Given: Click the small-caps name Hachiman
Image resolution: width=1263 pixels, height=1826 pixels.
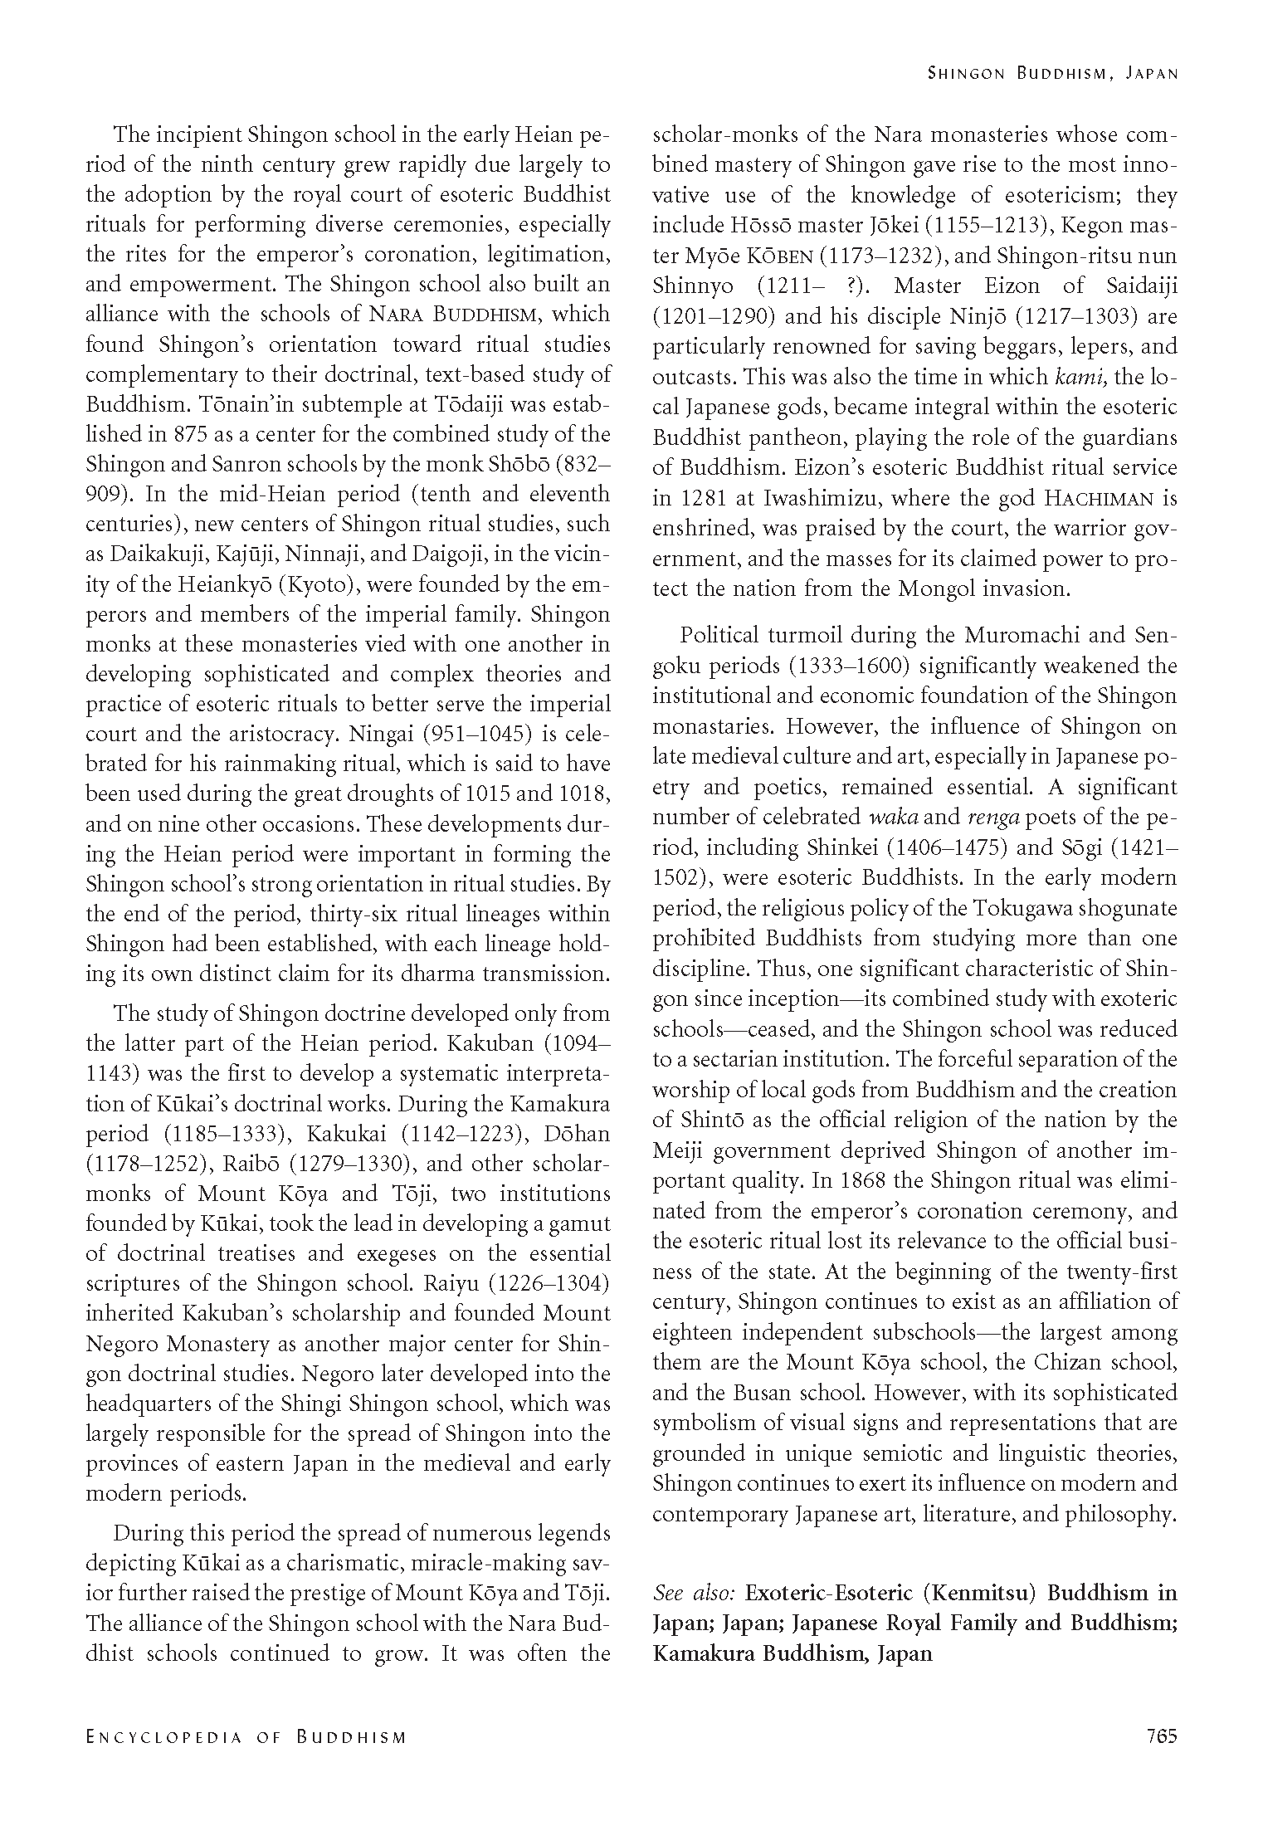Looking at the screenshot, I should (x=1100, y=498).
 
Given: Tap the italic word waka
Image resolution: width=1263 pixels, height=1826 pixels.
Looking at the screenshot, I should (x=893, y=817).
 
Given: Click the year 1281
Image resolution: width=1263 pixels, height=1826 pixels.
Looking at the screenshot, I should (x=702, y=498).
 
